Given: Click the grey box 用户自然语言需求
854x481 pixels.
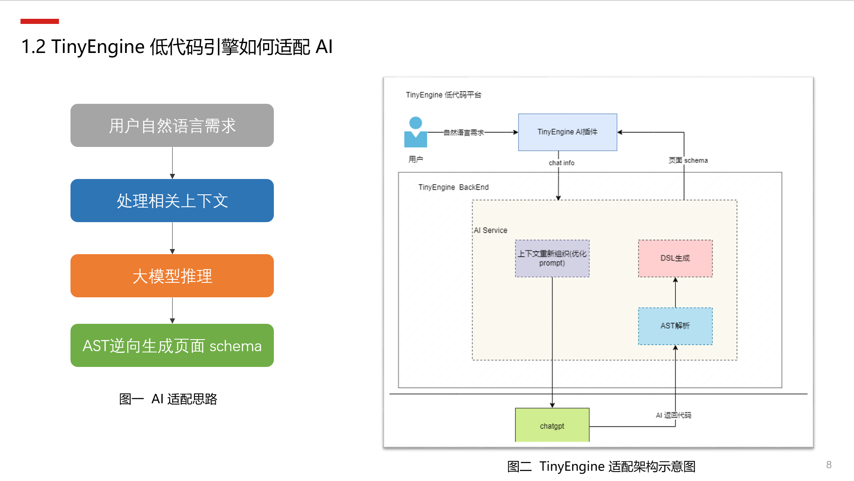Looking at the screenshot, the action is (x=172, y=126).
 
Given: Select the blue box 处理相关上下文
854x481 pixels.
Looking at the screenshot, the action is (x=172, y=201).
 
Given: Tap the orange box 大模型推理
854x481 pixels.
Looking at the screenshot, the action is (x=172, y=276).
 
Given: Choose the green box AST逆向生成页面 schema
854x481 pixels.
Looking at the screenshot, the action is (x=172, y=346).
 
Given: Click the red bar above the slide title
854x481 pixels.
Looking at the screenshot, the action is (x=40, y=21).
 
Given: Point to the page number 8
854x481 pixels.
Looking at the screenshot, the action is (x=829, y=465).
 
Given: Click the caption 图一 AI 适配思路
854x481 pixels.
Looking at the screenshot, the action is (x=168, y=399).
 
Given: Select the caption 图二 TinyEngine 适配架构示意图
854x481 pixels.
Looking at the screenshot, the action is (x=601, y=466).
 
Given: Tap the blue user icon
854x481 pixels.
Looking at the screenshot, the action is (x=416, y=132).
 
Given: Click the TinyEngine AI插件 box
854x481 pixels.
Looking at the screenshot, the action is (x=567, y=132).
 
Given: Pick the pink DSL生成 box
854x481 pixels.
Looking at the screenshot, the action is (x=675, y=258).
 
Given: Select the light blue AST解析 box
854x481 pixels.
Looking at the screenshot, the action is (x=675, y=326).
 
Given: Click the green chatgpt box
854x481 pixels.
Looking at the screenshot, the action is (x=552, y=425).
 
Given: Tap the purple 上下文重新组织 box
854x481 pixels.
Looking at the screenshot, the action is (x=552, y=258).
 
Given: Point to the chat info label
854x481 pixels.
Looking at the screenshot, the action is (x=561, y=163).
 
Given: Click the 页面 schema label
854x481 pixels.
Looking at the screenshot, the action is (x=688, y=160).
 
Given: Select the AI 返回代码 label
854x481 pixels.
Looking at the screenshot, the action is (x=673, y=415).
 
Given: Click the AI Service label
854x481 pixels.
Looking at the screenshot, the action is (x=490, y=230).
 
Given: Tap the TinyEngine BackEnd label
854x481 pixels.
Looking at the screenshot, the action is (x=453, y=187).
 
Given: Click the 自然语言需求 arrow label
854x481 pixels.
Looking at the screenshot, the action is (x=464, y=132).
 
